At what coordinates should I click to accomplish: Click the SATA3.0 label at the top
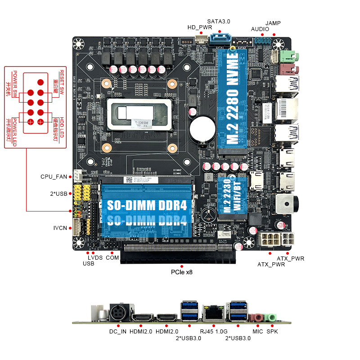coord(219,21)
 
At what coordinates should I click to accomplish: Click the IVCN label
coord(60,228)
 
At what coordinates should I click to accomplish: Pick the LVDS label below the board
coord(95,257)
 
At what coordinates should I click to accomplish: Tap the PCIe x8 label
coord(182,272)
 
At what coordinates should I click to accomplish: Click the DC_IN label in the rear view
coord(118,332)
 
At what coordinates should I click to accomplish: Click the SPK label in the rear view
coord(272,332)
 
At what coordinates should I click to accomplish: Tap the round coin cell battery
coord(201,128)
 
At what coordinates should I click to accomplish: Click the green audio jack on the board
coord(288,56)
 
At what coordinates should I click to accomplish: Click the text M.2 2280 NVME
coord(233,97)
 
